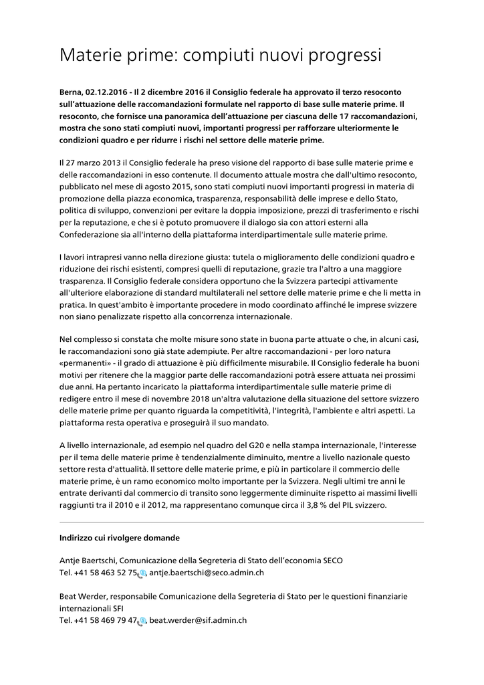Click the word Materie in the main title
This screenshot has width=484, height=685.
[89, 55]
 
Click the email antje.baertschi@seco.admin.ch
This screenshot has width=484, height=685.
[207, 573]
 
